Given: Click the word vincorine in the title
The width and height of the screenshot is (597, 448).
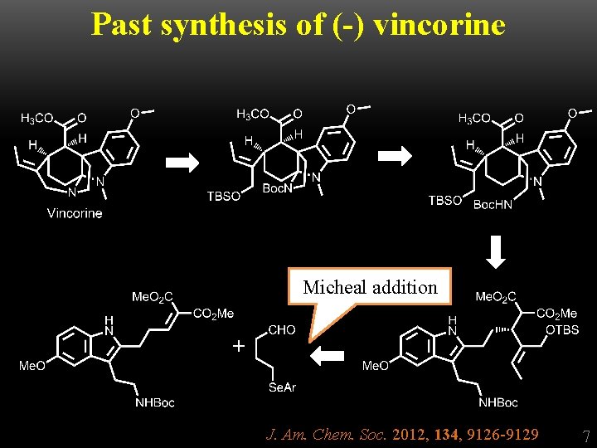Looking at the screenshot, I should coord(439,24).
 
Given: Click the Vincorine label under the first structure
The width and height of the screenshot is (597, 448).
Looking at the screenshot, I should coord(75,213).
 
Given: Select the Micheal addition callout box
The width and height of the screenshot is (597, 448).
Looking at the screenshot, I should coord(370,288).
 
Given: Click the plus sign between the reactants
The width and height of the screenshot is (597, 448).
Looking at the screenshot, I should coord(239,346).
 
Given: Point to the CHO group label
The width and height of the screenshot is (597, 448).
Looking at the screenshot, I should coord(282,329).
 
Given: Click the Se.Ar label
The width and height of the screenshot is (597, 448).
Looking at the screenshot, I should coord(282,387).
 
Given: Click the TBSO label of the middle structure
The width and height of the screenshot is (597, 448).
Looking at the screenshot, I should coord(224,197).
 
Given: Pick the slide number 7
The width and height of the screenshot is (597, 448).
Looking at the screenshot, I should coord(585,436).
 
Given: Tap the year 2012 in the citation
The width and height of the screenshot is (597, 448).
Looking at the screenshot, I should coord(406,434).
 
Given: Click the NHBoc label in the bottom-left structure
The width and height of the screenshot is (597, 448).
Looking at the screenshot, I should coord(154,403).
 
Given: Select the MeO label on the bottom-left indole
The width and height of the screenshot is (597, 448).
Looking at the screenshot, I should coord(32,366).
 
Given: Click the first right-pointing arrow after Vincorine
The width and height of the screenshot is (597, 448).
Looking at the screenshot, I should coord(182,163).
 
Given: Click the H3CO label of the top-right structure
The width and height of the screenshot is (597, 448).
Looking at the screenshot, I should coord(474,119).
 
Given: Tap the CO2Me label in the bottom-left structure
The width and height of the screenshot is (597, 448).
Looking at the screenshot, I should coord(213,314).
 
